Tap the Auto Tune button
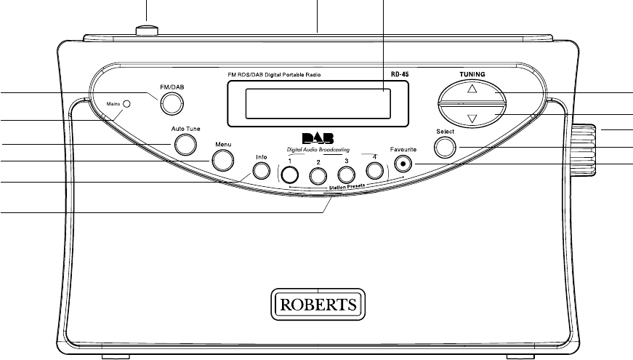coord(185,145)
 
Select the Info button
coord(261,172)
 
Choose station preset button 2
coord(318,175)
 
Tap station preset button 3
coord(346,175)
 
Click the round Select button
coord(445,147)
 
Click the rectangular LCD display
coord(318,103)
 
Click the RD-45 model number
coord(392,74)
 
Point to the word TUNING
coord(471,73)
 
